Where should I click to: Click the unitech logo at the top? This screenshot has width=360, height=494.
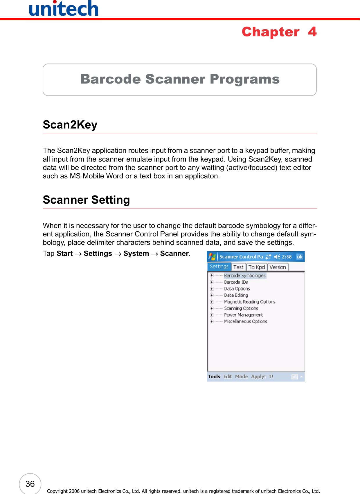[x=64, y=9]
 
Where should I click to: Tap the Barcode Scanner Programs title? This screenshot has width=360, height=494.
[x=180, y=79]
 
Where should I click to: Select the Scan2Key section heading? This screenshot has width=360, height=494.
[x=70, y=125]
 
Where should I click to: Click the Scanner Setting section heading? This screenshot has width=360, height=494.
[x=86, y=200]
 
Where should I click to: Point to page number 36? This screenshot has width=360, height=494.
[x=30, y=484]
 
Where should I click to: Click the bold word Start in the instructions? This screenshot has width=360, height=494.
[x=64, y=254]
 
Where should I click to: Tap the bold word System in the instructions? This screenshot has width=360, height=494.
[x=136, y=254]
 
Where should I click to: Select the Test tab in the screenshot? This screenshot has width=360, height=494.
[x=238, y=267]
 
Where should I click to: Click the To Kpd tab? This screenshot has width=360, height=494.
[x=257, y=267]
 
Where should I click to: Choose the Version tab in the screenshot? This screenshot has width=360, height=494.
[x=278, y=267]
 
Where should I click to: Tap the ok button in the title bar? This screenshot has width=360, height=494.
[x=300, y=257]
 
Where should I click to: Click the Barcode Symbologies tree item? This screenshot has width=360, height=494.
[x=245, y=276]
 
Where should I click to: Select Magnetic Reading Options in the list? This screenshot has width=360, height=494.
[x=249, y=302]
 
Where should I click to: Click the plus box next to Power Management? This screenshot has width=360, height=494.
[x=212, y=315]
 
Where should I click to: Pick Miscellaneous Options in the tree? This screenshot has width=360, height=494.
[x=245, y=321]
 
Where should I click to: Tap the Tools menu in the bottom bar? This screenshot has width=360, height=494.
[x=214, y=377]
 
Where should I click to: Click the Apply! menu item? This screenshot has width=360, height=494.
[x=258, y=377]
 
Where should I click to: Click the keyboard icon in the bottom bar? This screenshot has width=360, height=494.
[x=294, y=377]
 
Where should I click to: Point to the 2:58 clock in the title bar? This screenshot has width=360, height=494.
[x=287, y=257]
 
